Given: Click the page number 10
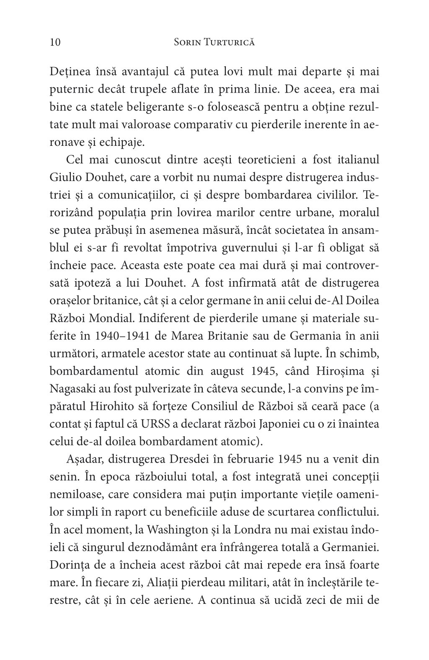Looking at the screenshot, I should (55, 42).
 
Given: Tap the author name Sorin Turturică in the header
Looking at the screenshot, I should (214, 42).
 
